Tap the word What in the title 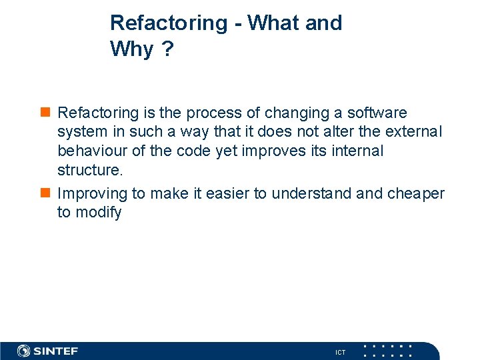(x=274, y=23)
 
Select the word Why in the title (x=131, y=49)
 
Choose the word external (x=413, y=132)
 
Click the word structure (x=89, y=169)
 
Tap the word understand (x=311, y=193)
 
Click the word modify (x=98, y=212)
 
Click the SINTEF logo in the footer (x=47, y=351)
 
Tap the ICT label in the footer (x=340, y=352)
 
